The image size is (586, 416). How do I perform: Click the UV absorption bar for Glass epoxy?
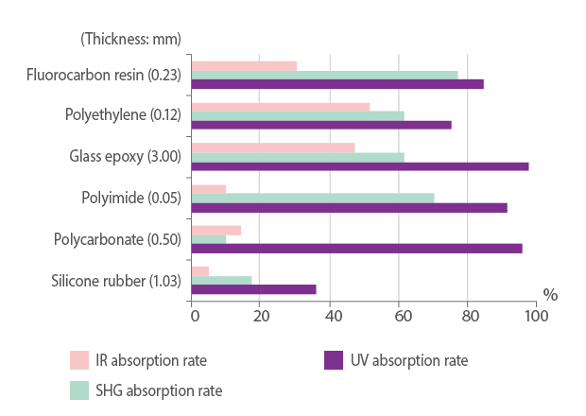click(x=360, y=166)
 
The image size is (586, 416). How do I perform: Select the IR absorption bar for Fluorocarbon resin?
click(x=244, y=66)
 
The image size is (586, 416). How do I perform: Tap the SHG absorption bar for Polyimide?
click(x=313, y=198)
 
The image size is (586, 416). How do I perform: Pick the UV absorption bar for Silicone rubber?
click(x=254, y=289)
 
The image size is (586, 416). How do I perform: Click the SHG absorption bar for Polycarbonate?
click(x=209, y=239)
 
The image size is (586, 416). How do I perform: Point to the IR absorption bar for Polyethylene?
click(x=281, y=107)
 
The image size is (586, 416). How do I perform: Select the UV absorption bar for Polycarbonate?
click(x=357, y=249)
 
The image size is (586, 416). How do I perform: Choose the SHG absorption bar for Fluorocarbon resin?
click(x=325, y=75)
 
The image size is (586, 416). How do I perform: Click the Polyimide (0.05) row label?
click(x=131, y=198)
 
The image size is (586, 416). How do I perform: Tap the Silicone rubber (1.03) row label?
click(x=115, y=280)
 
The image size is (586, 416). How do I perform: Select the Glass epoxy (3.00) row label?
click(x=125, y=157)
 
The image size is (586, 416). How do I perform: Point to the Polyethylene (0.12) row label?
click(x=123, y=115)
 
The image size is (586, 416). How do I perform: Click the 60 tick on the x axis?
click(x=399, y=315)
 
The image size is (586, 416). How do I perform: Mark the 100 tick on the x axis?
click(x=536, y=315)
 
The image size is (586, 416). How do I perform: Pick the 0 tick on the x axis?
click(x=193, y=315)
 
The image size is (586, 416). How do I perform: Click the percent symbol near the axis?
click(x=549, y=295)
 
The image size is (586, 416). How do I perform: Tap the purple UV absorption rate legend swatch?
click(x=333, y=360)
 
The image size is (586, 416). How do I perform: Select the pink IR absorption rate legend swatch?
click(x=79, y=360)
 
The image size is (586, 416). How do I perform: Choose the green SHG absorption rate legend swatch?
click(x=79, y=390)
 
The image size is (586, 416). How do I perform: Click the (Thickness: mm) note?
click(x=130, y=39)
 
